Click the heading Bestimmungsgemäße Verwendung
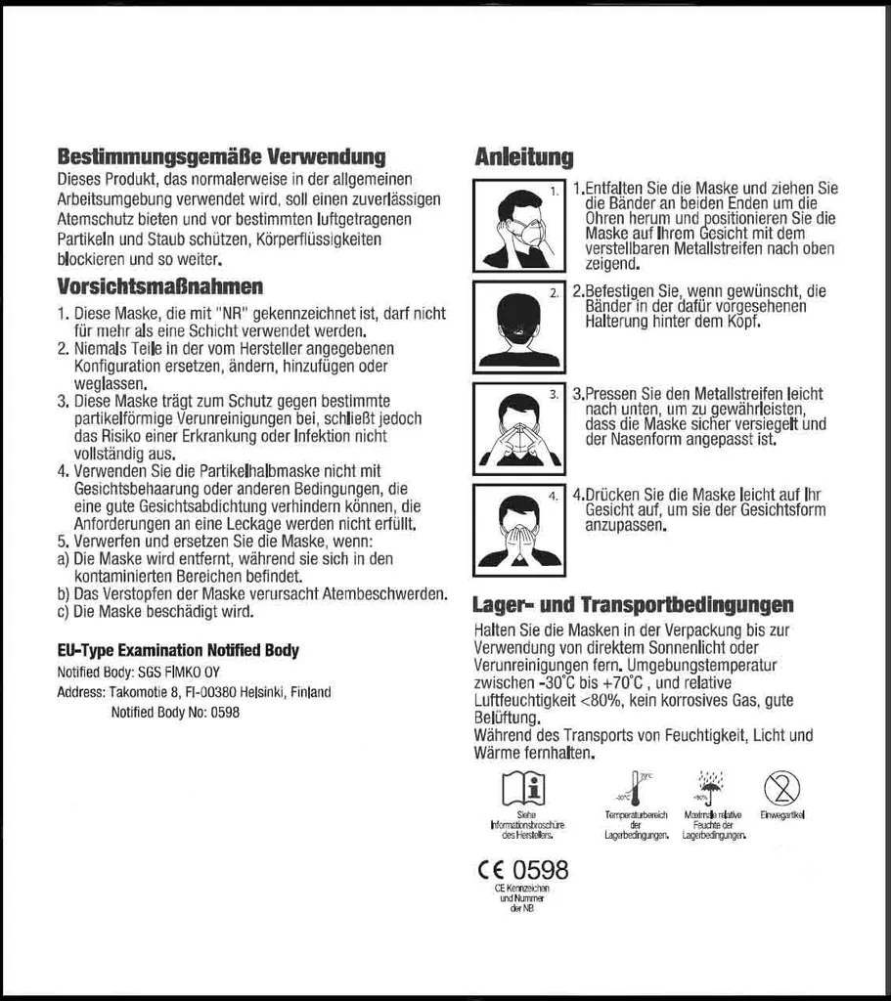[x=221, y=157]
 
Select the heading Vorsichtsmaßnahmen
[x=159, y=287]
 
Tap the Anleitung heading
[x=524, y=157]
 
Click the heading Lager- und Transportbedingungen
[x=633, y=605]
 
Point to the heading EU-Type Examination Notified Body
[x=178, y=651]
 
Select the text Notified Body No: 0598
[x=175, y=713]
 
